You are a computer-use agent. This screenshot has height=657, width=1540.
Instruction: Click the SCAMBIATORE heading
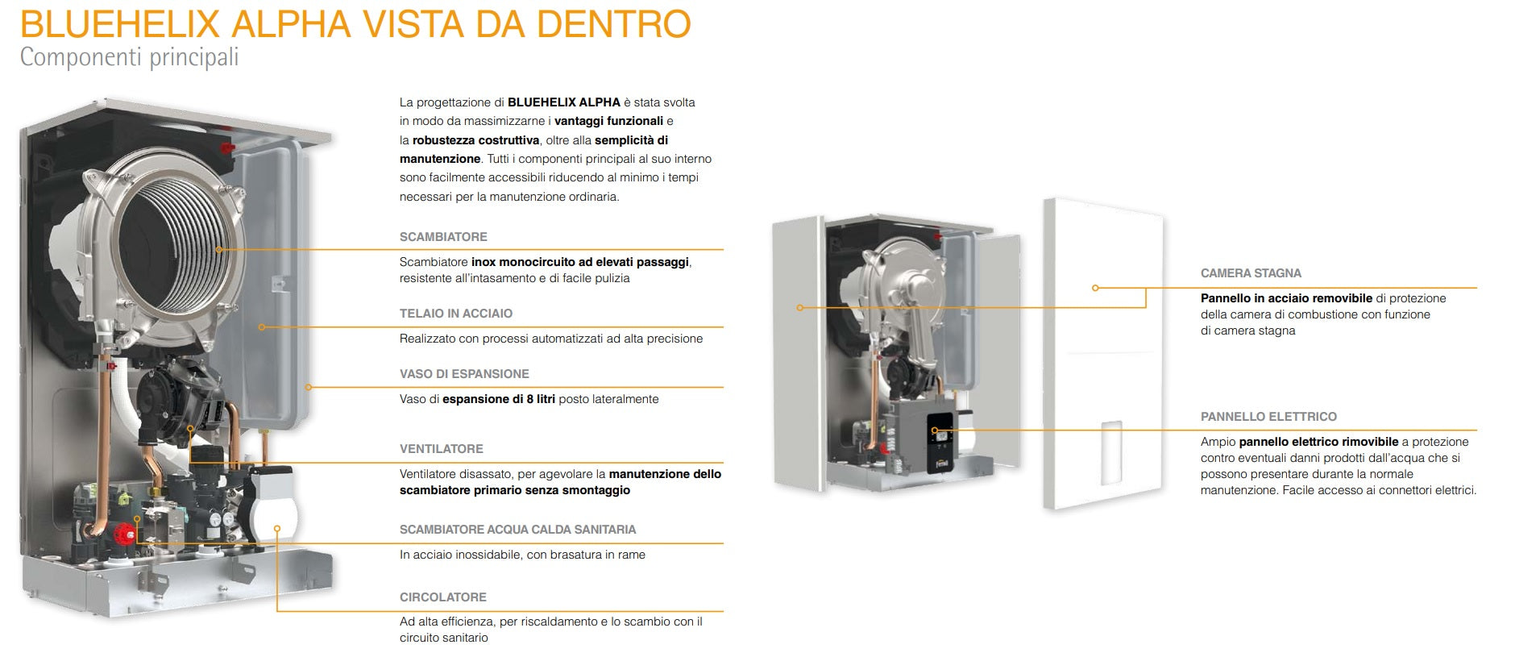(x=443, y=237)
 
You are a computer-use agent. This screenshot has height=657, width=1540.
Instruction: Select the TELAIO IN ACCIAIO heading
(x=455, y=314)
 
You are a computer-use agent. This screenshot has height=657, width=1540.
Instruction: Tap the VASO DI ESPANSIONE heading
(x=464, y=374)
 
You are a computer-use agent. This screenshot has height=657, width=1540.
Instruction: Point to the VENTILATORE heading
(x=441, y=449)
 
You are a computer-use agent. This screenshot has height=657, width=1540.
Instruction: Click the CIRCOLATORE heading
(x=442, y=597)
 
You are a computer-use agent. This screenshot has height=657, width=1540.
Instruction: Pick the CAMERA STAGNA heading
(x=1251, y=273)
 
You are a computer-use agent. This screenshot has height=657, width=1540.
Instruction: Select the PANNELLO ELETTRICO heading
(x=1268, y=417)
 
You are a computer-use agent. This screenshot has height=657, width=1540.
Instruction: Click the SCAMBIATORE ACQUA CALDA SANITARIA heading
(x=517, y=530)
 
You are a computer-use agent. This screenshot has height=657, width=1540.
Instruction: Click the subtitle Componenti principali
(x=129, y=58)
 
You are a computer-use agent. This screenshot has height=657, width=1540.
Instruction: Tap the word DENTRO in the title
(x=614, y=24)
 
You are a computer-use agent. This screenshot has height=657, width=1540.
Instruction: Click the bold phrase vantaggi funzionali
(x=608, y=121)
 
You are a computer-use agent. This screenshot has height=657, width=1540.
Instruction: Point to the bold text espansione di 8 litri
(x=499, y=399)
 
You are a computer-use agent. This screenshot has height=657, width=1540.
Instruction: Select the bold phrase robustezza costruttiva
(x=475, y=140)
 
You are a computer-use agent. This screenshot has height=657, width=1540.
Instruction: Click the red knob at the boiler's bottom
(x=123, y=533)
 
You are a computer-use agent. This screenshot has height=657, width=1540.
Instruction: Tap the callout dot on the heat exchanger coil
(x=218, y=250)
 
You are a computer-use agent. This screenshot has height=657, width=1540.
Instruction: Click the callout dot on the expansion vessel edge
(x=309, y=388)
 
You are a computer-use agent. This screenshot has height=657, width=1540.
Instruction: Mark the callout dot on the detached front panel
(x=1095, y=288)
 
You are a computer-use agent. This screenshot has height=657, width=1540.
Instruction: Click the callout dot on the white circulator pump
(x=277, y=529)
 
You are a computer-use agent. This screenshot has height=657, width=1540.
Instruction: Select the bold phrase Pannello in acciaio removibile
(x=1286, y=298)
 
